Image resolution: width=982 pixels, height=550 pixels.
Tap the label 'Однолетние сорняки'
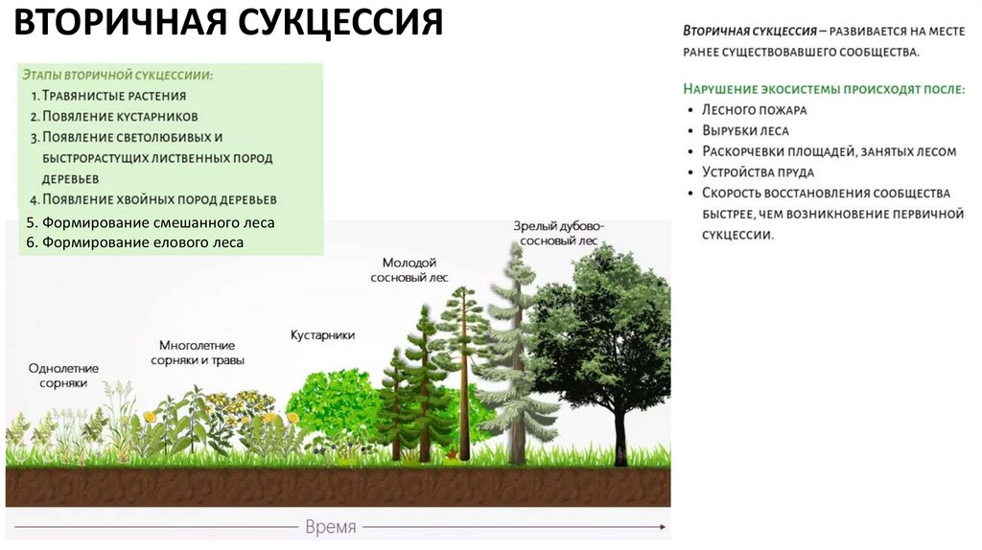click(63, 375)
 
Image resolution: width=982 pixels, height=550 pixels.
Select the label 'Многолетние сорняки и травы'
click(198, 353)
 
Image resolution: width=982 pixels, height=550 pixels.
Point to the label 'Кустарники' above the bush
click(323, 335)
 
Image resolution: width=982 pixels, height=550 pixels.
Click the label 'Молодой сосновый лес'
click(409, 269)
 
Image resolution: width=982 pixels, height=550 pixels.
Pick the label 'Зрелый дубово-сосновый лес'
click(559, 234)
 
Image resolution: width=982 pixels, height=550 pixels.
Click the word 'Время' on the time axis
click(330, 527)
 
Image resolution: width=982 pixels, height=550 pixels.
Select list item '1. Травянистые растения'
click(107, 96)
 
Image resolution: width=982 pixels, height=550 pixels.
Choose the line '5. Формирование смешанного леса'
click(151, 222)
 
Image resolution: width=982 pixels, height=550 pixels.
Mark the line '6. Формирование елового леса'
click(135, 242)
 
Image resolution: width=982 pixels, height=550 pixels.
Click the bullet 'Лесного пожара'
click(755, 109)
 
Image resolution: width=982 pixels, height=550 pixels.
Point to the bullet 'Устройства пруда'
click(758, 172)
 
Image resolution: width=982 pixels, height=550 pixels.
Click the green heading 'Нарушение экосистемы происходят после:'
click(824, 88)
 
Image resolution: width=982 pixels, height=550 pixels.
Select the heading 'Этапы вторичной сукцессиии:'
click(117, 75)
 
